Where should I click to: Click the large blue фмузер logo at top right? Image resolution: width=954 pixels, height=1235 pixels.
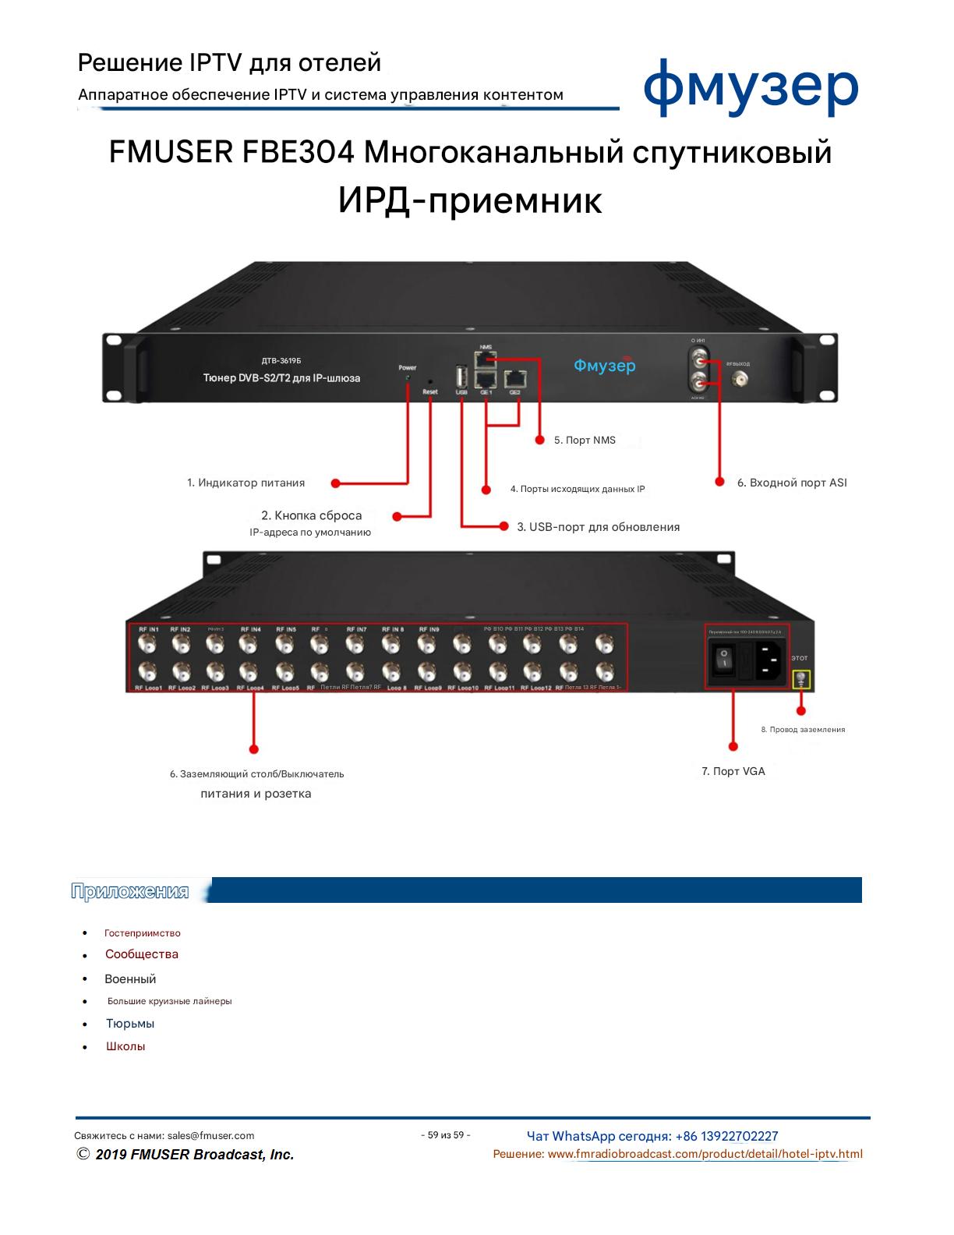coord(751,87)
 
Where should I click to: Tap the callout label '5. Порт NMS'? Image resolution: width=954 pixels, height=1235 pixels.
coord(585,441)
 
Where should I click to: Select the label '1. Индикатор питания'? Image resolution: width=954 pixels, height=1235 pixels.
coord(246,483)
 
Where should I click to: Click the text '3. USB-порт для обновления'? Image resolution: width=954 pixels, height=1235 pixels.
coord(598,527)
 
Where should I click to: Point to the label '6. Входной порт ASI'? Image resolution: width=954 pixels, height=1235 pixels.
coord(791,483)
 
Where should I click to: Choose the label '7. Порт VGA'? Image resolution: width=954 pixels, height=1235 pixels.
coord(733,771)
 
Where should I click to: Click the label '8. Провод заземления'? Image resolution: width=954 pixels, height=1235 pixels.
coord(803,730)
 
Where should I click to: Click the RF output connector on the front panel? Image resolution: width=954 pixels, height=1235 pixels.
coord(738,380)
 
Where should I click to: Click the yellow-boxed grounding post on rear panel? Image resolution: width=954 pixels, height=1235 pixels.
coord(800,680)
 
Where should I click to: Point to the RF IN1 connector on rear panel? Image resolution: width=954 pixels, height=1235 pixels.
coord(147,644)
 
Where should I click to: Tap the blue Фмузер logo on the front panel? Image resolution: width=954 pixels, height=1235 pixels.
coord(604,366)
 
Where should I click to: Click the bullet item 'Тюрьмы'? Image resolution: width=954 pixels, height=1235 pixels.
coord(130,1024)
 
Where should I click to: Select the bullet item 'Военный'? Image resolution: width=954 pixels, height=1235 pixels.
coord(130,979)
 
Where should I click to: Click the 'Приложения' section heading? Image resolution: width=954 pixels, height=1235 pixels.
coord(130,891)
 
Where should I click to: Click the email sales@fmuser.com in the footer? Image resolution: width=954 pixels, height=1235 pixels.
coord(210,1136)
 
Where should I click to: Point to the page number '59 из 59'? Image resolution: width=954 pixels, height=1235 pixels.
coord(445,1135)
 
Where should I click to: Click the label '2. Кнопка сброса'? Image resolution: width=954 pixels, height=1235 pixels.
coord(312,516)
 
